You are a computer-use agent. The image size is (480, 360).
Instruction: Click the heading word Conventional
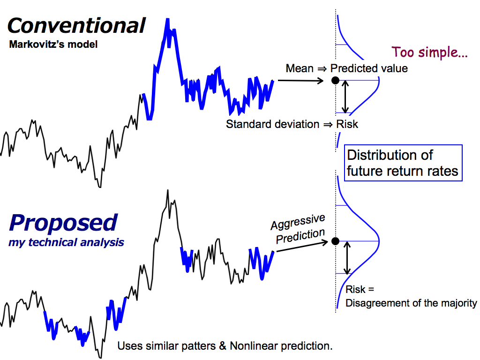click(x=76, y=25)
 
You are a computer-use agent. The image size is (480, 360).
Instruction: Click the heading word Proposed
click(x=63, y=223)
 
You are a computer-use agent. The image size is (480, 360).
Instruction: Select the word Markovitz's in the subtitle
click(x=37, y=45)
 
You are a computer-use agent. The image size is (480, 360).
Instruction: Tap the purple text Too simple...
click(x=429, y=52)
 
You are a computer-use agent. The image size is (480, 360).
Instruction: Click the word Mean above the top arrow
click(x=300, y=68)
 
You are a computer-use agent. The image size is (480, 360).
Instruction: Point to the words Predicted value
click(x=369, y=68)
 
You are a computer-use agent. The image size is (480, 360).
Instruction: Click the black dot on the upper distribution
click(x=336, y=81)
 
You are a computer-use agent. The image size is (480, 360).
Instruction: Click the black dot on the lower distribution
click(x=336, y=241)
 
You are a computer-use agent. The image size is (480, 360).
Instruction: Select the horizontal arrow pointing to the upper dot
click(x=300, y=81)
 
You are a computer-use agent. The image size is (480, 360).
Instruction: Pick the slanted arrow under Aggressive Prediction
click(x=302, y=247)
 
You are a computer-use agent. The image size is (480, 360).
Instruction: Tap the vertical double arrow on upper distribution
click(x=345, y=97)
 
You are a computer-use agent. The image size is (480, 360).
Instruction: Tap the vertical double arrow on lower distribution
click(x=347, y=258)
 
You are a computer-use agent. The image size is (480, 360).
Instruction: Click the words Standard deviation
click(x=272, y=124)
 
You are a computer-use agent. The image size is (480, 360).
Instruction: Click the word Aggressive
click(x=298, y=222)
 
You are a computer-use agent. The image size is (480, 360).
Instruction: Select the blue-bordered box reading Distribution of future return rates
click(x=403, y=163)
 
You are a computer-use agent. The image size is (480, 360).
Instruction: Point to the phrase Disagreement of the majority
click(x=411, y=303)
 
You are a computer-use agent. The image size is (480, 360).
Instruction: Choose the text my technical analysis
click(x=66, y=242)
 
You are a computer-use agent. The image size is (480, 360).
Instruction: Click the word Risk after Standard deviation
click(x=347, y=124)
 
